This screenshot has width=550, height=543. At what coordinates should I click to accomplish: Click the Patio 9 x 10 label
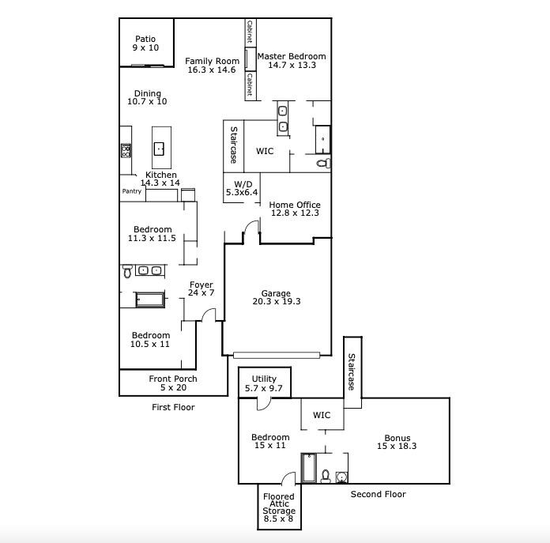point(145,43)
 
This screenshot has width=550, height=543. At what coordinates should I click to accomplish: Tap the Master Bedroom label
point(297,61)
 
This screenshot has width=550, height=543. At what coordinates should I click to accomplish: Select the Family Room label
point(212,66)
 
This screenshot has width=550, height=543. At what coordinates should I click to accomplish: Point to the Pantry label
point(132,191)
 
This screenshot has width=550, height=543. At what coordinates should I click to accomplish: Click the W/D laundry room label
point(242,187)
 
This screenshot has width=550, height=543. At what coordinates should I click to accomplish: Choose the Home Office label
point(295,209)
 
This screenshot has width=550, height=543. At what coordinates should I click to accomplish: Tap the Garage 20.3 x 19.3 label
point(277,297)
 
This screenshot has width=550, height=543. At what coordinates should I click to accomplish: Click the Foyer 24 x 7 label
point(201,289)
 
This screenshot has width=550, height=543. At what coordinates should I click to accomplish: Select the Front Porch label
point(173,383)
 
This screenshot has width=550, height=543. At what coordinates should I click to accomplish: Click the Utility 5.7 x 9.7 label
point(265,384)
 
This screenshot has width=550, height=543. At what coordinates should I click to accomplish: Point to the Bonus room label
point(397,442)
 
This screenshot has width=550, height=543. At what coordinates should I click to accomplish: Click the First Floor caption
point(173,408)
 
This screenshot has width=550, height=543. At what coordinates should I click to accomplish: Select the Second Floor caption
point(378,495)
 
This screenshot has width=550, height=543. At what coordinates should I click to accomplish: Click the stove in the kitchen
point(126,149)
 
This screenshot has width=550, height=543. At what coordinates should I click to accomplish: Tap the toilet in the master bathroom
point(322,164)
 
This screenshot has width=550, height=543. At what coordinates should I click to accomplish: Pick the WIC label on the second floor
point(322,416)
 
